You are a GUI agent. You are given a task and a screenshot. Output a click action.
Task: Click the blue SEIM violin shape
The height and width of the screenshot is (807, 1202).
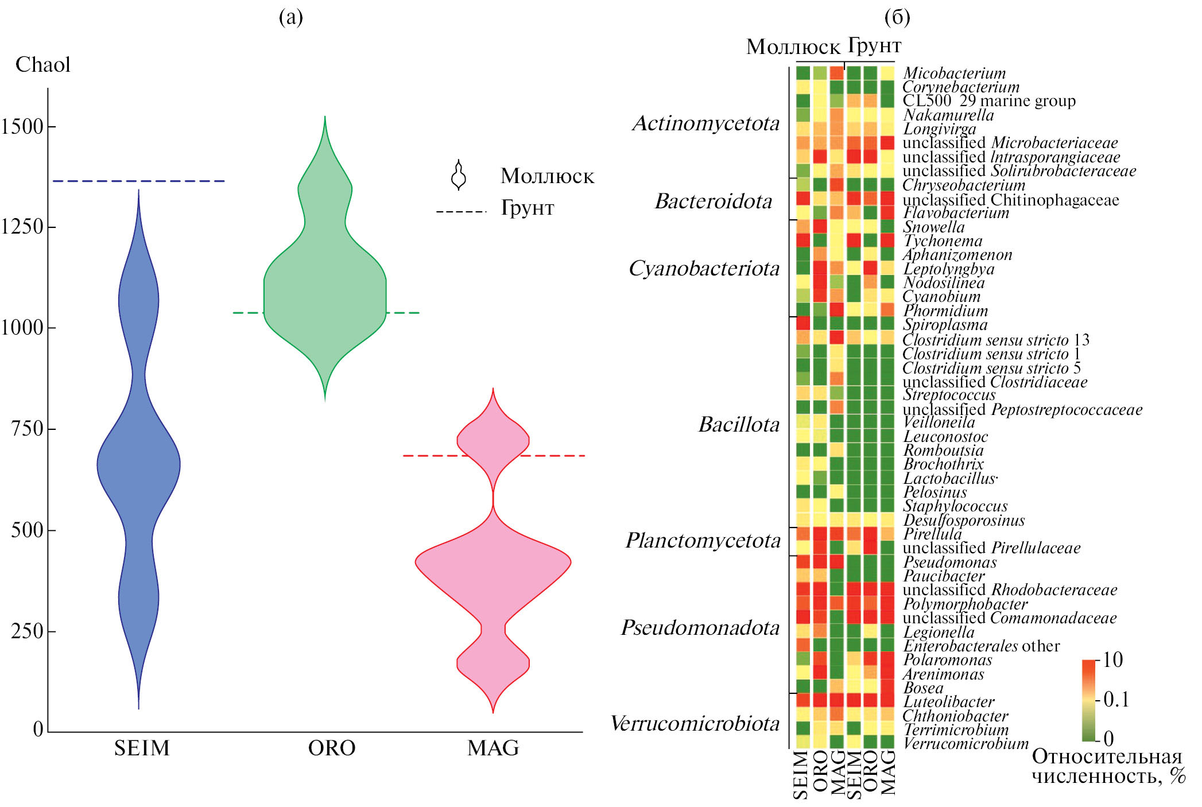[x=139, y=459]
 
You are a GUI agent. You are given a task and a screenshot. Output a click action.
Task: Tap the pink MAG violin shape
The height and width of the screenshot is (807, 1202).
[x=493, y=562]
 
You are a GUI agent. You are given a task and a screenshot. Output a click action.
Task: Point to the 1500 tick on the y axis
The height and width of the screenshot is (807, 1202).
[x=23, y=127]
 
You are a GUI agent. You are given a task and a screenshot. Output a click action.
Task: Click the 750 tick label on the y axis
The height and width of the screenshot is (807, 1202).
[x=28, y=429]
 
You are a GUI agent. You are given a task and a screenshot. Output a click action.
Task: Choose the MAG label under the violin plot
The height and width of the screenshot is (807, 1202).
[x=493, y=748]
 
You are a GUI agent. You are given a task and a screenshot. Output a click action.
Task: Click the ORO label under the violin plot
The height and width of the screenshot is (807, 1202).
[x=332, y=748]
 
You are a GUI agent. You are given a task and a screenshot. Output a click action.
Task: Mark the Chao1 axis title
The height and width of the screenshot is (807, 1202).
[x=43, y=65]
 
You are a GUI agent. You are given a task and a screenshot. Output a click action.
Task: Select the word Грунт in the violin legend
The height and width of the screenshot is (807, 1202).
[x=528, y=208]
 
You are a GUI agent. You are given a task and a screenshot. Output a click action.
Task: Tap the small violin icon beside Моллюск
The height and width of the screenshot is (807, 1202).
[x=459, y=175]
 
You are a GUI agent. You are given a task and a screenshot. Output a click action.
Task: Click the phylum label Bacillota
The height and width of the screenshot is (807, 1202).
[x=739, y=425]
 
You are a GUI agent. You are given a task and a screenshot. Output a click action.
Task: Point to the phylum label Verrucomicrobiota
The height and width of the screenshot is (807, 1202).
[x=695, y=724]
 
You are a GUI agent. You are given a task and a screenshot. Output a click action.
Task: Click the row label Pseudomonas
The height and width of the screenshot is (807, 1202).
[x=950, y=562]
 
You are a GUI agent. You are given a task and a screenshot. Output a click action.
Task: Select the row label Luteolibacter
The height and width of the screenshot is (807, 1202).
[x=949, y=702]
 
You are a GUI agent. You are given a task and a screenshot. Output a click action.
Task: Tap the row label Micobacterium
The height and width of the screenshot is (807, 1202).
[x=955, y=73]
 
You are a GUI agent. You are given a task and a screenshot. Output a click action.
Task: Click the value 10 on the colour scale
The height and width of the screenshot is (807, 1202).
[x=1113, y=660]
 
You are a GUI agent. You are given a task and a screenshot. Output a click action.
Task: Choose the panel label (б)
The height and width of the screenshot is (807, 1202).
[x=897, y=17]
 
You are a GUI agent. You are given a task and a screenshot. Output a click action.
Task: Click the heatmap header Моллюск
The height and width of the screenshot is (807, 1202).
[x=793, y=47]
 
